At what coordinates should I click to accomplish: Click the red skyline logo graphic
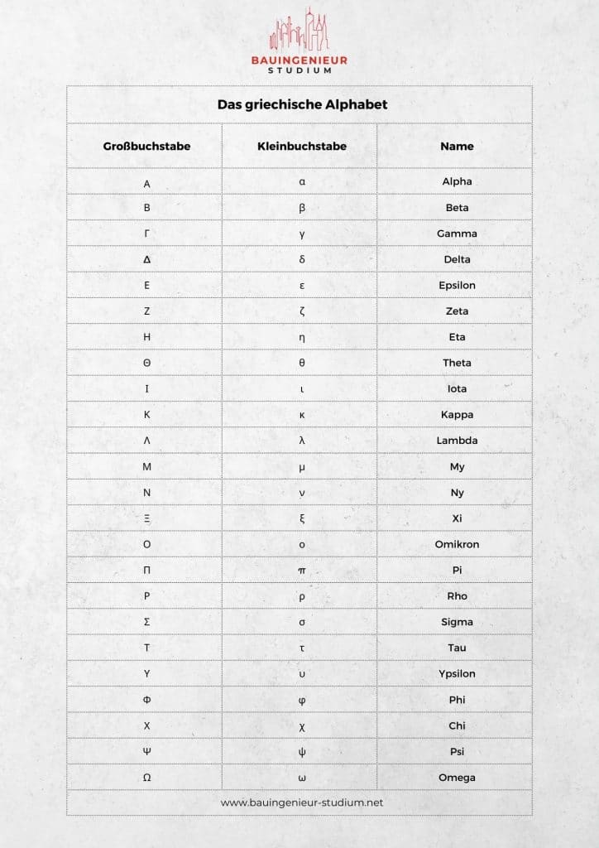[x=299, y=31]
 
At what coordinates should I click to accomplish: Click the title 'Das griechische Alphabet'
[x=302, y=105]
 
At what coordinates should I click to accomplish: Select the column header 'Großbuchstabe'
[x=146, y=146]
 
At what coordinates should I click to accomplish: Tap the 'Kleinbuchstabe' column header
[x=302, y=146]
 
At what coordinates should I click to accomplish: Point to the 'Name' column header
[x=457, y=146]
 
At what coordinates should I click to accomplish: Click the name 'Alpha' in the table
[x=457, y=181]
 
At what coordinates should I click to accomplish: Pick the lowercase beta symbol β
[x=302, y=208]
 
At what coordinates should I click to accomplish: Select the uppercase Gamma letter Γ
[x=146, y=234]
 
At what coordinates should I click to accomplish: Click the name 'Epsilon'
[x=457, y=285]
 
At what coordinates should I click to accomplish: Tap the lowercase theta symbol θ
[x=302, y=363]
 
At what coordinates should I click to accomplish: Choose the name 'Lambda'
[x=457, y=441]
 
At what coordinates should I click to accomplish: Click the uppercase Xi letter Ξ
[x=146, y=518]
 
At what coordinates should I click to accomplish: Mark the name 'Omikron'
[x=457, y=544]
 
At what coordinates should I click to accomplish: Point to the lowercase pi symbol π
[x=302, y=571]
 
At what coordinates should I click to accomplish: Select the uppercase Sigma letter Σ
[x=146, y=622]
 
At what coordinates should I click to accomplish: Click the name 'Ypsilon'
[x=457, y=673]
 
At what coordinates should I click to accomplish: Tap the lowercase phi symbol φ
[x=302, y=700]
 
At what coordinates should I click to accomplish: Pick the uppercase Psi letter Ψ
[x=146, y=752]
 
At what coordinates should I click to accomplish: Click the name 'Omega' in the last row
[x=457, y=778]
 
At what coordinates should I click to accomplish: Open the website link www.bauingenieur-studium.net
[x=302, y=802]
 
